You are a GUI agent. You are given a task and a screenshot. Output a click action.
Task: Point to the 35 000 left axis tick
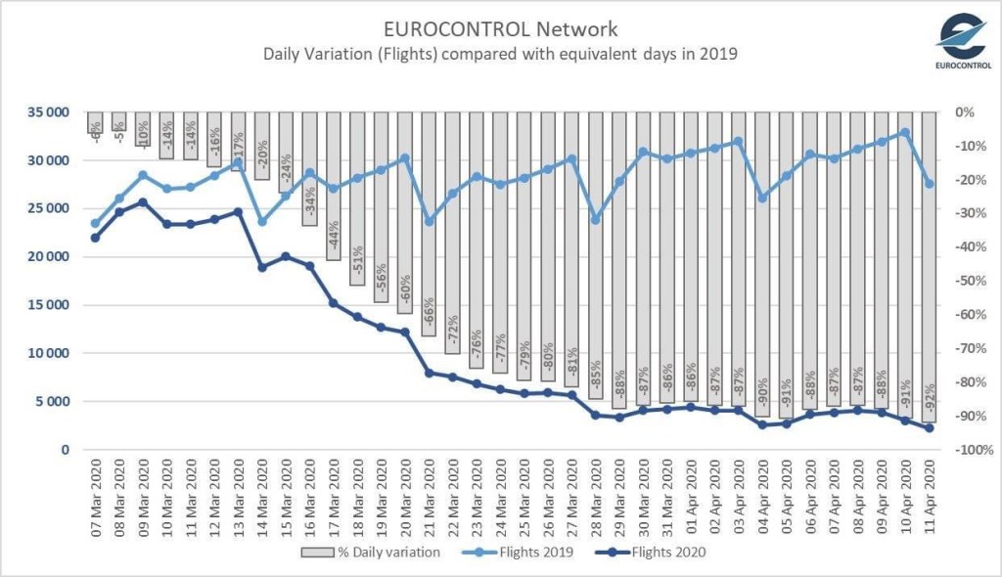pyautogui.click(x=46, y=112)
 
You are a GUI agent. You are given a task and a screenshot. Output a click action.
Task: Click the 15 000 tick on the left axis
pyautogui.click(x=46, y=305)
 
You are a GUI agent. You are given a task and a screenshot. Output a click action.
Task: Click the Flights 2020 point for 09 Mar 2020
pyautogui.click(x=143, y=202)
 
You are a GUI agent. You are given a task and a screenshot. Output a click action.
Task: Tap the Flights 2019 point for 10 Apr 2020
pyautogui.click(x=905, y=132)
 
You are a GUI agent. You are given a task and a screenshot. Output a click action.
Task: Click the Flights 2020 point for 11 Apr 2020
pyautogui.click(x=930, y=428)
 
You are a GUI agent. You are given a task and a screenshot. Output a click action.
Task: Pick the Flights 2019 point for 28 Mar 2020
pyautogui.click(x=595, y=220)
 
